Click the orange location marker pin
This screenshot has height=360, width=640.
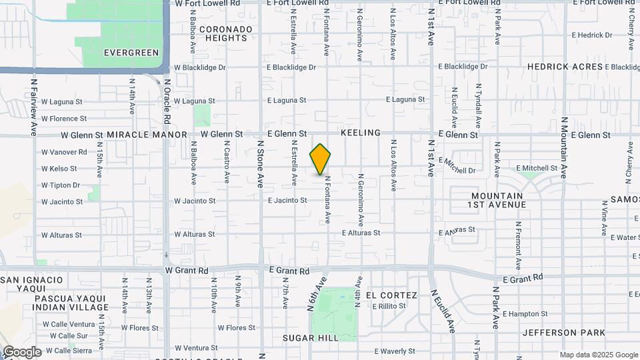click(x=321, y=159)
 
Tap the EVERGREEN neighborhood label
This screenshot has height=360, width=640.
click(x=131, y=53)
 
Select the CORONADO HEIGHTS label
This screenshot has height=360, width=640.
click(x=226, y=33)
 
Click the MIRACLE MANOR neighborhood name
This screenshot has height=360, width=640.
click(x=147, y=135)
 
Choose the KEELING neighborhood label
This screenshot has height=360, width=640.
click(x=361, y=133)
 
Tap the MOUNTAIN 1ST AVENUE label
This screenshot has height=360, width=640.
click(x=498, y=201)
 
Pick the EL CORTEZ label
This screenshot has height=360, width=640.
click(x=391, y=295)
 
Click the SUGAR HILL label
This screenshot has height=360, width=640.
click(x=311, y=338)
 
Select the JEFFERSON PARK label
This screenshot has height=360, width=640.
click(x=564, y=333)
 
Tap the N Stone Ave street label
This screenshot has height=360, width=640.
click(x=261, y=163)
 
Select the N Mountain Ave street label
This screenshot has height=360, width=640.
click(x=563, y=147)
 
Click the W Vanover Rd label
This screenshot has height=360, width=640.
click(x=64, y=152)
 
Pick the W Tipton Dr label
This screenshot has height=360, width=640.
click(x=61, y=185)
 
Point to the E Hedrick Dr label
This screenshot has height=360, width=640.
click(x=591, y=35)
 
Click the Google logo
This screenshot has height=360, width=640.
click(x=21, y=351)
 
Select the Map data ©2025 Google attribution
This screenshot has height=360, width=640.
click(x=598, y=355)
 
